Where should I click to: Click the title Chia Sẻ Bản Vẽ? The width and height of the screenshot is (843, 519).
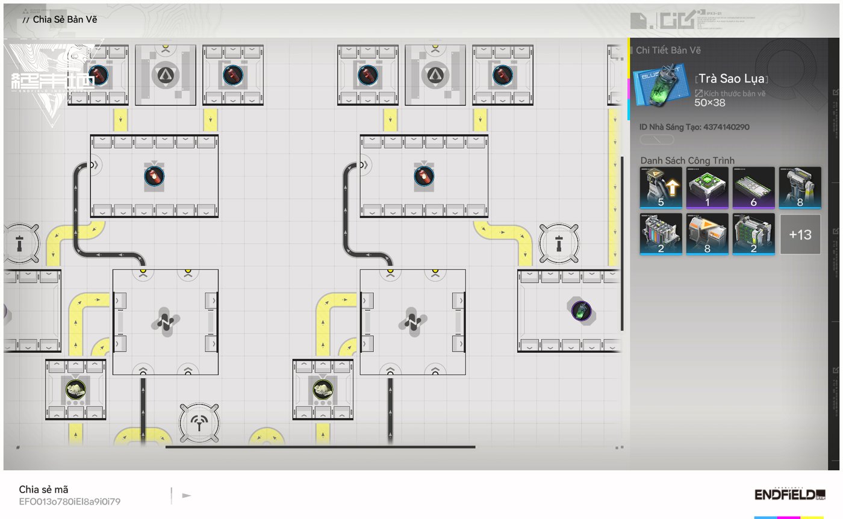(x=64, y=19)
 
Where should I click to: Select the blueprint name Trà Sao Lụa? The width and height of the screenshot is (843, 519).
(x=731, y=78)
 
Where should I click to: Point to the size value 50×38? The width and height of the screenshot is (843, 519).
(x=710, y=103)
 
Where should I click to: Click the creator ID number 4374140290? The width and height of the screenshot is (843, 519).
(x=726, y=127)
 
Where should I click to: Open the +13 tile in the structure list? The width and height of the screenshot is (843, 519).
(x=800, y=234)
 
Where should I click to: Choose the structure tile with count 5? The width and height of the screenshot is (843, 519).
(x=661, y=188)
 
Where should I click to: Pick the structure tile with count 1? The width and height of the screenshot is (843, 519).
(x=707, y=188)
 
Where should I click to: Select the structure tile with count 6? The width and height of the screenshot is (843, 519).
(x=753, y=188)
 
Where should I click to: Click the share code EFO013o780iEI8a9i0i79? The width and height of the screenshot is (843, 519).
(x=69, y=502)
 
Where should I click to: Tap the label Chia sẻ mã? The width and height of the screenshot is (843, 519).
(x=43, y=489)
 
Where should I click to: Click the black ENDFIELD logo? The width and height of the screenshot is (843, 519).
(x=789, y=494)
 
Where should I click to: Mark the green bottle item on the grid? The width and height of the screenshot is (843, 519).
(x=581, y=311)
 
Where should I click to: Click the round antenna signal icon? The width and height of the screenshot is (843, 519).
(x=199, y=423)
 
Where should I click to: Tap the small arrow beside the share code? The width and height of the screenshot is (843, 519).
(x=187, y=496)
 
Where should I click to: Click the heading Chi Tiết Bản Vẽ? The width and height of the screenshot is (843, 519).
(x=668, y=51)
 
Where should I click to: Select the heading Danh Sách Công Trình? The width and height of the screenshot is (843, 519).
(x=687, y=161)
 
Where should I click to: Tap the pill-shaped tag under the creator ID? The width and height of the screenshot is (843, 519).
(x=656, y=140)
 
